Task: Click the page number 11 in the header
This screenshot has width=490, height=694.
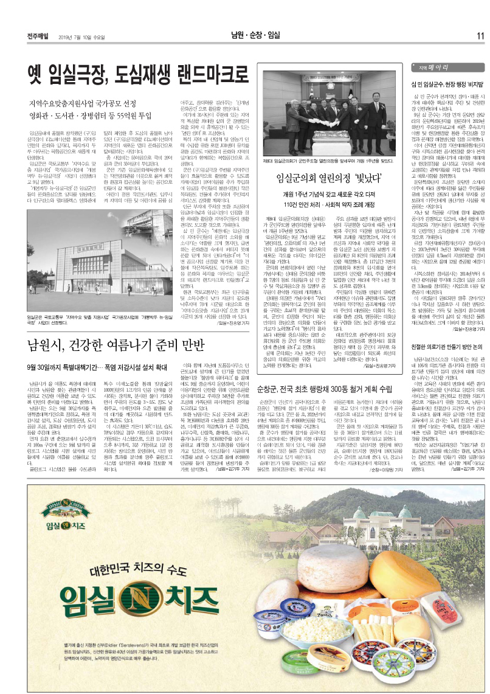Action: (x=480, y=36)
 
